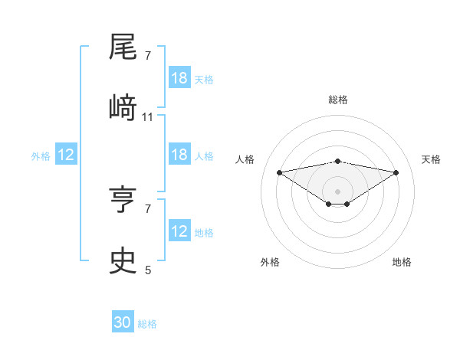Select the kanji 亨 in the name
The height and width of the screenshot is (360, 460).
[123, 201]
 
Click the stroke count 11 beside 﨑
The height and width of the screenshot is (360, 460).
[148, 117]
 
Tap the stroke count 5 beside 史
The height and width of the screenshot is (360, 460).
[148, 270]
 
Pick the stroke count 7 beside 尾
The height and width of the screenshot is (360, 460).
[148, 55]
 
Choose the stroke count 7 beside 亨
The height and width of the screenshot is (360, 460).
[148, 208]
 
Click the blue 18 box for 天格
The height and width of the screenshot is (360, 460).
[179, 78]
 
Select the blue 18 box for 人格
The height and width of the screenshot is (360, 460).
[179, 155]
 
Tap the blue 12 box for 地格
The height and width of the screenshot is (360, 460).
[179, 231]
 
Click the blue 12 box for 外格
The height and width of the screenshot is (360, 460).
[66, 155]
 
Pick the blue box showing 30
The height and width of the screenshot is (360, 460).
[123, 322]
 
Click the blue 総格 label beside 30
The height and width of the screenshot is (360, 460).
[147, 324]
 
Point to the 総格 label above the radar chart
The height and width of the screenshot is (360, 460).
[337, 100]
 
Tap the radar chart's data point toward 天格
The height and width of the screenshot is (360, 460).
[396, 172]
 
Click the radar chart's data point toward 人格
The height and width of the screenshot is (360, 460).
[279, 172]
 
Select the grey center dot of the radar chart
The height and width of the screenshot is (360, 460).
[337, 191]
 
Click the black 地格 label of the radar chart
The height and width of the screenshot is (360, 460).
[402, 262]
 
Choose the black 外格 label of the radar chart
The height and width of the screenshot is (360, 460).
[270, 262]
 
